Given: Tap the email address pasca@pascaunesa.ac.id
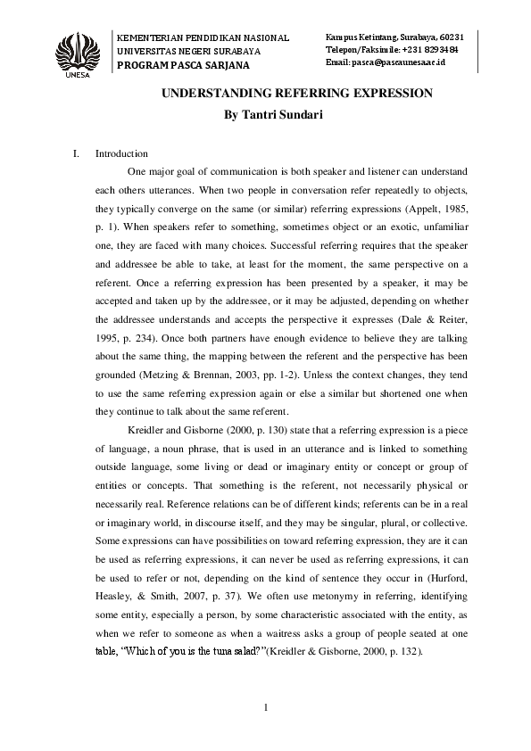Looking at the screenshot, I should point(398,64).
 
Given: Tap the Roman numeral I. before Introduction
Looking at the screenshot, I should point(75,153).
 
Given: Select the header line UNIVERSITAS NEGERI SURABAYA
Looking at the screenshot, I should point(190,53).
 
